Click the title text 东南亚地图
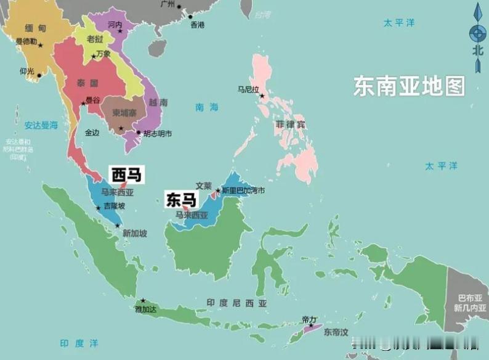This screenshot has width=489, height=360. tap(409, 86)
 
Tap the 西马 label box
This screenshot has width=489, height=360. tap(126, 174)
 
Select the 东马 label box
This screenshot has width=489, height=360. tap(180, 200)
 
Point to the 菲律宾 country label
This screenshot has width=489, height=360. tap(291, 124)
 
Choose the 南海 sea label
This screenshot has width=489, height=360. tap(207, 107)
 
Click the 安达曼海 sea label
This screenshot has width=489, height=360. tap(41, 125)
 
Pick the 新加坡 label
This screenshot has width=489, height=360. tap(135, 233)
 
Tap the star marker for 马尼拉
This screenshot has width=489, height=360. tap(262, 96)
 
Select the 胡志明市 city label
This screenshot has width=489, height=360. tap(158, 133)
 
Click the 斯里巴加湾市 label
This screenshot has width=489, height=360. tap(243, 190)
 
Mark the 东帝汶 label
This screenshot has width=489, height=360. tap(336, 332)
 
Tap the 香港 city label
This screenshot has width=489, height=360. tap(197, 25)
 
